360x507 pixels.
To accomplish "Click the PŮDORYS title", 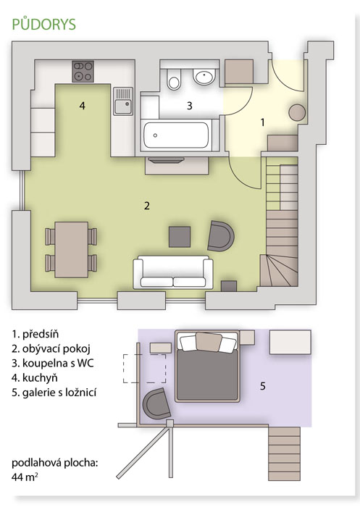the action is pyautogui.click(x=44, y=25).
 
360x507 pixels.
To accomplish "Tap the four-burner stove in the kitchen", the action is pyautogui.click(x=83, y=72).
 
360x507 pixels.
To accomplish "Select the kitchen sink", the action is pyautogui.click(x=123, y=101).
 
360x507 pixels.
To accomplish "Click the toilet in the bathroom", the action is pyautogui.click(x=175, y=79).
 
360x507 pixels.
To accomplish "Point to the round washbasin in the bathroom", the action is pyautogui.click(x=204, y=77).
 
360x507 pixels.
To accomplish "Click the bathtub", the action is pyautogui.click(x=176, y=135).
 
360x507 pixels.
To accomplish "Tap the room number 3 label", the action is pyautogui.click(x=190, y=106).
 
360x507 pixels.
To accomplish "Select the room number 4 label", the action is pyautogui.click(x=83, y=106).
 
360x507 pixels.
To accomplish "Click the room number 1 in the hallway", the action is pyautogui.click(x=263, y=122).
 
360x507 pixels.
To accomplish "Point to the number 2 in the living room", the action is pyautogui.click(x=147, y=206).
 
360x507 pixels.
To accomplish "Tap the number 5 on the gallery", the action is pyautogui.click(x=263, y=386).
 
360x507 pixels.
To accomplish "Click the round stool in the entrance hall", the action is pyautogui.click(x=297, y=113).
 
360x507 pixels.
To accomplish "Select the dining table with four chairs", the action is pyautogui.click(x=71, y=250).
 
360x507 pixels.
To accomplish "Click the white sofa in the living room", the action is pyautogui.click(x=173, y=272).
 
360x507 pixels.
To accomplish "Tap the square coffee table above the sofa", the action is pyautogui.click(x=180, y=237).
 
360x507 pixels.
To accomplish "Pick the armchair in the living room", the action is pyautogui.click(x=220, y=236).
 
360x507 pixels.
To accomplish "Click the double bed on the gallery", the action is pyautogui.click(x=207, y=366).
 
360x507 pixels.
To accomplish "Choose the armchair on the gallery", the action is pyautogui.click(x=156, y=404).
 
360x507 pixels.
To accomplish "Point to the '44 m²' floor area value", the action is pyautogui.click(x=25, y=477).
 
